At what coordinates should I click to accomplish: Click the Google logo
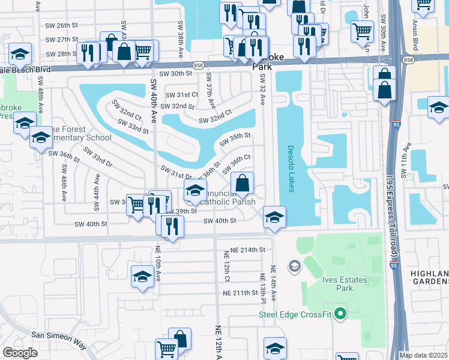(x=20, y=353)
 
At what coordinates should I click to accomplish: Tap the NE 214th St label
(x=249, y=249)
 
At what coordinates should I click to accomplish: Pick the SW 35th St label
(x=235, y=139)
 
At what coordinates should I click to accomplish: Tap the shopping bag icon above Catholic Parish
(x=243, y=182)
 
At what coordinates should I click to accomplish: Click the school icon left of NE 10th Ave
(x=142, y=276)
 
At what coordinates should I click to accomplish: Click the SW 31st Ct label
(x=181, y=95)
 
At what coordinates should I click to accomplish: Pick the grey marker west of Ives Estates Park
(x=294, y=265)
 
